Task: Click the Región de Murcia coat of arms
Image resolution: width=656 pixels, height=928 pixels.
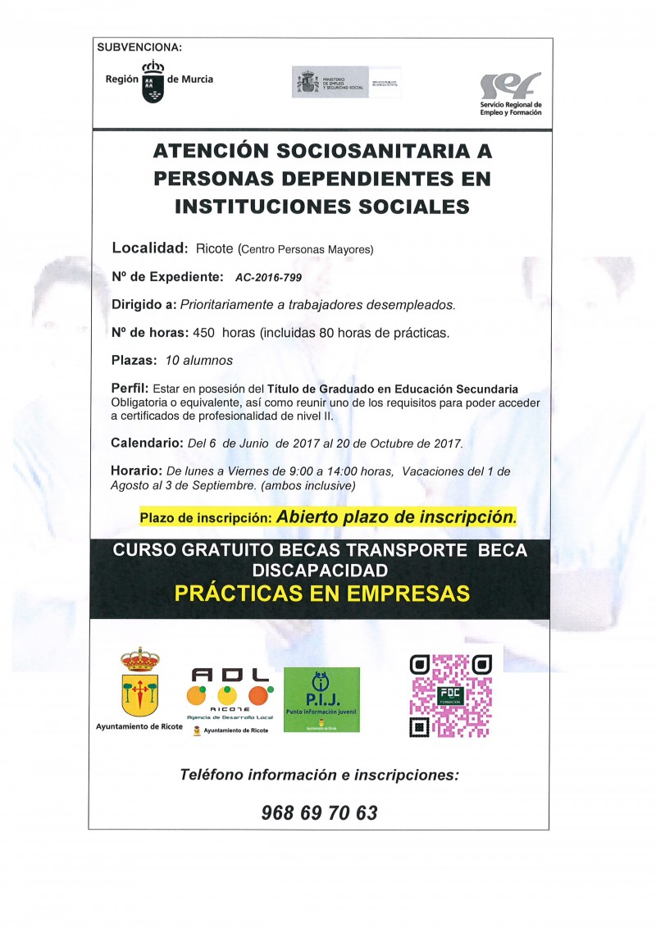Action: tap(153, 81)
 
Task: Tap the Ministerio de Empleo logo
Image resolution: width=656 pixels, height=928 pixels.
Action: tap(347, 82)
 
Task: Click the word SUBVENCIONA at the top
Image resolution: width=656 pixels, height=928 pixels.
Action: tap(139, 48)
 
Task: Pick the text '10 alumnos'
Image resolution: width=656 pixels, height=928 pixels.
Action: tap(198, 361)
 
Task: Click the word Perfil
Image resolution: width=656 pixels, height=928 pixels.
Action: tap(129, 388)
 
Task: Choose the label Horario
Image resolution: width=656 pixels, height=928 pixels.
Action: tap(136, 471)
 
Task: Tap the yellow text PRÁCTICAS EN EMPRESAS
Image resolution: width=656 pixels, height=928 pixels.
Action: tap(322, 593)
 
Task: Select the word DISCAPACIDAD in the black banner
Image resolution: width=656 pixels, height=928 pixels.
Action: tap(321, 569)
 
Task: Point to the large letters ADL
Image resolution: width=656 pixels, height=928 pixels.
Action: tap(230, 675)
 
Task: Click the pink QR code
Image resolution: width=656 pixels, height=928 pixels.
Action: tap(450, 694)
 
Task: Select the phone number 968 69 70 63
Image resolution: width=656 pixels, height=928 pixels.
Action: tap(319, 812)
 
